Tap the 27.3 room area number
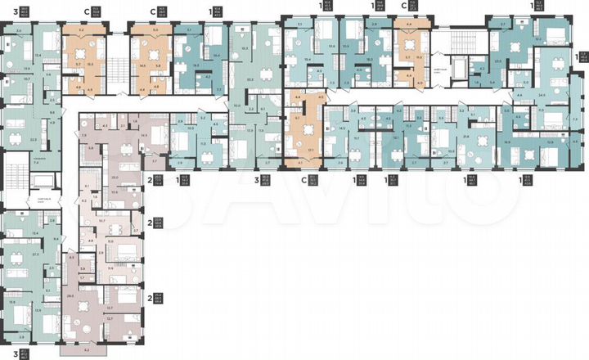[36, 254]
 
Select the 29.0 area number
[71, 296]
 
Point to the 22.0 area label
[34, 139]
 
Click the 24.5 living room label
[542, 96]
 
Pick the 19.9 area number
[27, 69]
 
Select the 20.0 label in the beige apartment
[115, 178]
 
